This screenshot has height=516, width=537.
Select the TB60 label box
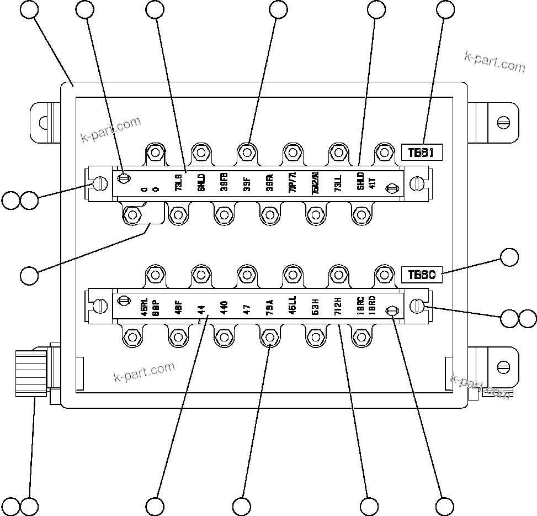click(422, 275)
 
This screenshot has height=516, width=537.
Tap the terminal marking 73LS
click(178, 183)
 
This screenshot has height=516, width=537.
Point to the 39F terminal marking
click(247, 183)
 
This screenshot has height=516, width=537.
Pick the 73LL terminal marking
click(338, 183)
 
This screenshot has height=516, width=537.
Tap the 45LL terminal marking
click(293, 306)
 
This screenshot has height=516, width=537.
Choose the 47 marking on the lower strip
click(247, 308)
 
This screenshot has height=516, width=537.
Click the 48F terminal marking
click(178, 307)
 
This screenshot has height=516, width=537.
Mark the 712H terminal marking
click(338, 306)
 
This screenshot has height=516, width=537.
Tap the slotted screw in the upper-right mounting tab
click(502, 122)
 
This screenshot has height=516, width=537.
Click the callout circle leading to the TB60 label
click(509, 257)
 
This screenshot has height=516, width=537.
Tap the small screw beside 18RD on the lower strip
click(391, 311)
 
